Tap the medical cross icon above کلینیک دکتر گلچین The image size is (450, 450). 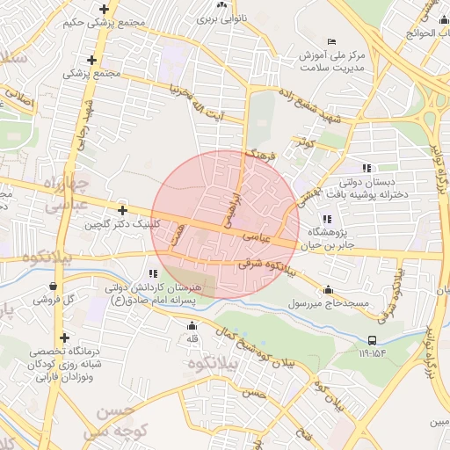click(122, 210)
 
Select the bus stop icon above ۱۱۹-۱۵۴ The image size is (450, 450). click(373, 340)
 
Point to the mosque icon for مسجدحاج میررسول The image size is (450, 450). click(329, 290)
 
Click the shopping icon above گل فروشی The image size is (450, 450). click(54, 286)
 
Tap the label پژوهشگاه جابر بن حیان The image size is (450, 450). click(327, 238)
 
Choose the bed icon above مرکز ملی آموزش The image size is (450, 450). click(331, 41)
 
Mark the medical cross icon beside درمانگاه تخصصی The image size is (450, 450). click(64, 337)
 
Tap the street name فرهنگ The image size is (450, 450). click(262, 156)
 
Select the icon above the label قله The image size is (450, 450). click(192, 327)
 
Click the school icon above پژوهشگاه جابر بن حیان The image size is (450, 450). click(327, 219)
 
